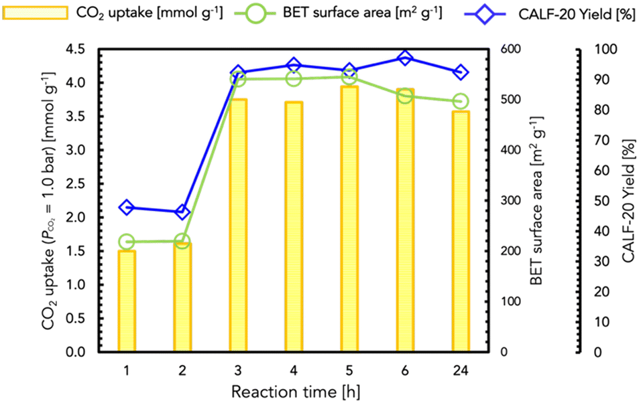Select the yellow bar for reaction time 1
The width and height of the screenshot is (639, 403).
point(127,301)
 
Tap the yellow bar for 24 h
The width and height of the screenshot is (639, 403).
point(460,232)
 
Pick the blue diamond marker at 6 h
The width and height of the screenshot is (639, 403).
point(404,59)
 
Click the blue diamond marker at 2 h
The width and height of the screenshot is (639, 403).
point(182,212)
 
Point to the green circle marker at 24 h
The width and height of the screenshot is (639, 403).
point(460,101)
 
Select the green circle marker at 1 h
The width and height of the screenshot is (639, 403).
point(127,242)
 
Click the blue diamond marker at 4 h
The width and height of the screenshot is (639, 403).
point(293,66)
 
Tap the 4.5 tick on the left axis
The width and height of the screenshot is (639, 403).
point(80,49)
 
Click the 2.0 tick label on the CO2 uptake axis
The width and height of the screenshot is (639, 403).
point(80,218)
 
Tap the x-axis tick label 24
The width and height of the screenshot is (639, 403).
point(460,369)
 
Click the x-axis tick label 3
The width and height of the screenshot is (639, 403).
point(238,369)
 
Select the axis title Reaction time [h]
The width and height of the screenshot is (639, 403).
point(293,390)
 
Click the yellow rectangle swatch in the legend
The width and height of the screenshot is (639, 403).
point(36,12)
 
